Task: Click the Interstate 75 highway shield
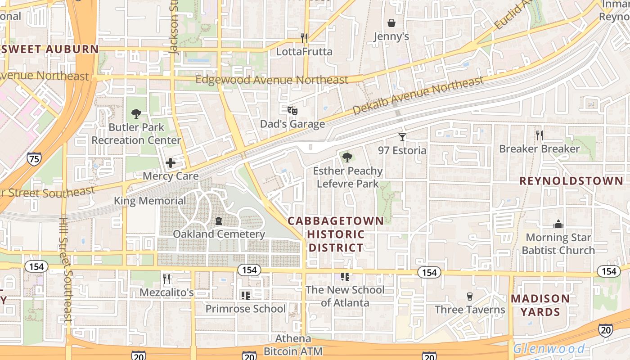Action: point(34,158)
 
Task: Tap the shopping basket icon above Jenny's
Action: point(391,23)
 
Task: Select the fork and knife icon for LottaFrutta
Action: point(304,38)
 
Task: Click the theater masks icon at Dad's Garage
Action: point(292,110)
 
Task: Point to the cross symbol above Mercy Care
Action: point(171,163)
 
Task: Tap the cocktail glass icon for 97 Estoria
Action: point(402,137)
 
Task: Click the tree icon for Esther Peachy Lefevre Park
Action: point(347,157)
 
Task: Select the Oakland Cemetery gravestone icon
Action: point(219,220)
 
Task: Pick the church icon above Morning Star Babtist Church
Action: point(558,224)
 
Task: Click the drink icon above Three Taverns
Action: point(470,296)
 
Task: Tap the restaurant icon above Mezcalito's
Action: point(166,279)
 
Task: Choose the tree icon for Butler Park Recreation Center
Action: point(136,114)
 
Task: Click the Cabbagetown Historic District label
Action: point(336,234)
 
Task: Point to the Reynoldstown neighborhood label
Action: point(571,181)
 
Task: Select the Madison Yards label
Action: point(540,305)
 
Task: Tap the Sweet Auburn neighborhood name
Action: point(49,49)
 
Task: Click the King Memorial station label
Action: point(150,201)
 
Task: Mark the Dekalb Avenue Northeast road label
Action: point(418,95)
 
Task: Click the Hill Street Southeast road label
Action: point(65,270)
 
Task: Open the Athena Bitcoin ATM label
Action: point(293,345)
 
